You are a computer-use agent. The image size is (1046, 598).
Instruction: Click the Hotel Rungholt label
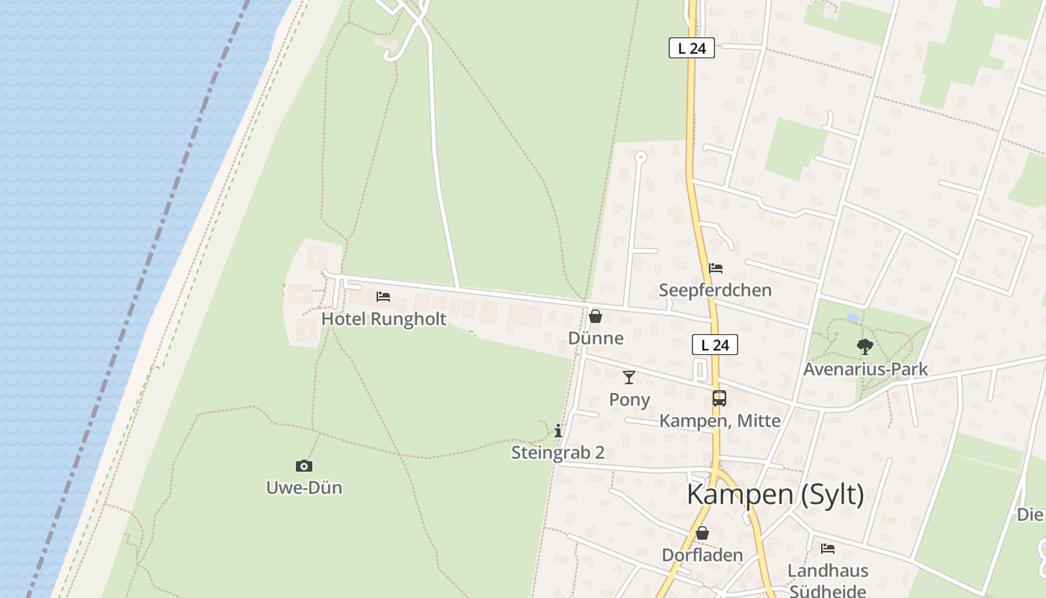tap(383, 319)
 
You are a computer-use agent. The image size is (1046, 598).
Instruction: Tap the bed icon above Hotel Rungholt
tap(383, 297)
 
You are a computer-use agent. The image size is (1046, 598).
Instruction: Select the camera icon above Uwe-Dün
tap(303, 466)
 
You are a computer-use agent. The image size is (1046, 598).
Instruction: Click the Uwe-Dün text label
tap(304, 488)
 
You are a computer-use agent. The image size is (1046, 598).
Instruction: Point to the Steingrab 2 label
tap(557, 452)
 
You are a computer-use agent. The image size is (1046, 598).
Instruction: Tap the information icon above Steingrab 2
tap(558, 431)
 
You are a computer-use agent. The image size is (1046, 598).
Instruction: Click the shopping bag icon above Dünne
tap(595, 316)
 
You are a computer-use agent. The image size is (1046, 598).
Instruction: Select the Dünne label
tap(595, 338)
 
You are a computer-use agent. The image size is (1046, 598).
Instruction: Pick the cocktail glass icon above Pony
tap(629, 377)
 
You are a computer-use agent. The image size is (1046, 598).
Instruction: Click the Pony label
tap(629, 400)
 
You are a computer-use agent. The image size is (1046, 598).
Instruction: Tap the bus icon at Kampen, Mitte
tap(719, 398)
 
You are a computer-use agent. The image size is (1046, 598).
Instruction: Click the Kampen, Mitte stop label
tap(719, 421)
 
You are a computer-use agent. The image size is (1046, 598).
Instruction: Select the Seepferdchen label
tap(715, 290)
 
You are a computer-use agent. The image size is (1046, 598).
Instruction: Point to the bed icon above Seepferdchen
tap(716, 268)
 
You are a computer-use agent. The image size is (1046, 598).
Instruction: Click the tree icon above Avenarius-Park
tap(865, 347)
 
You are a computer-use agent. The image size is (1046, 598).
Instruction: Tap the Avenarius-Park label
tap(865, 369)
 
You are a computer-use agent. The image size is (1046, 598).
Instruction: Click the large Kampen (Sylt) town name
tap(775, 495)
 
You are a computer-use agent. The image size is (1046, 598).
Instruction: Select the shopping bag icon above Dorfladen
tap(702, 533)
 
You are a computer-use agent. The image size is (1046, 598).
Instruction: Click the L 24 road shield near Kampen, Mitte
tap(715, 345)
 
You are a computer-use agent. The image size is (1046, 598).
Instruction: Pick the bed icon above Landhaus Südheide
tap(828, 549)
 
